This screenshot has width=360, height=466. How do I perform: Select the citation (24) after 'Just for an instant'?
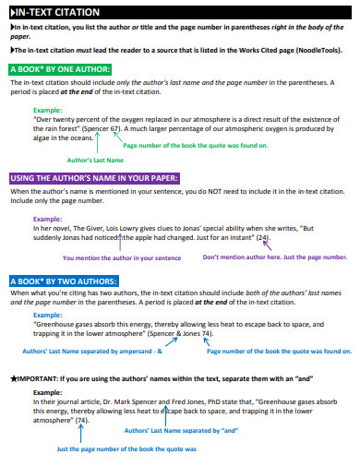coord(264,237)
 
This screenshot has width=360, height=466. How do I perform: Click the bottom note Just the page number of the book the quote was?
coord(126,448)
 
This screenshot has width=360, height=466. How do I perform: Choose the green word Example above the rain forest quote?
coord(47,110)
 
